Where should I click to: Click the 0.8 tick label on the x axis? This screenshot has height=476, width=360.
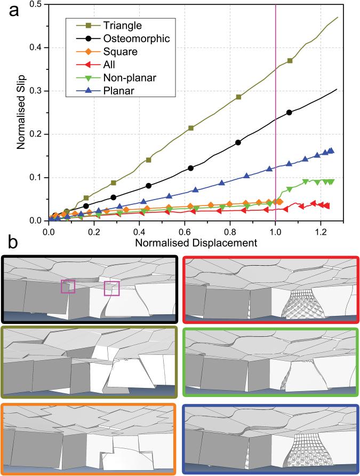(x=230, y=231)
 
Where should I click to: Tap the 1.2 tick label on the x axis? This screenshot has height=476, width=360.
(x=321, y=231)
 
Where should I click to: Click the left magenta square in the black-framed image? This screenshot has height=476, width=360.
(x=68, y=287)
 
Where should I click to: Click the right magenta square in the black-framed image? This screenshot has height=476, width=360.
(x=111, y=288)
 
